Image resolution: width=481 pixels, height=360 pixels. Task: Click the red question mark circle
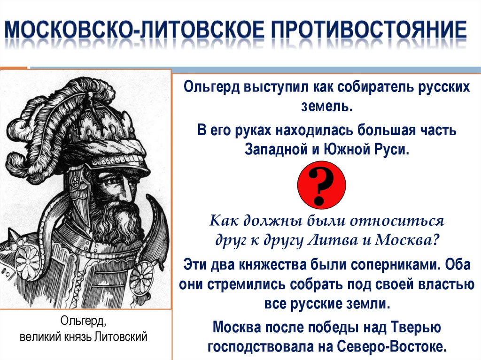point(322,184)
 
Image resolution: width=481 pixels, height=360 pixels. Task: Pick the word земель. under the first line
point(327,107)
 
